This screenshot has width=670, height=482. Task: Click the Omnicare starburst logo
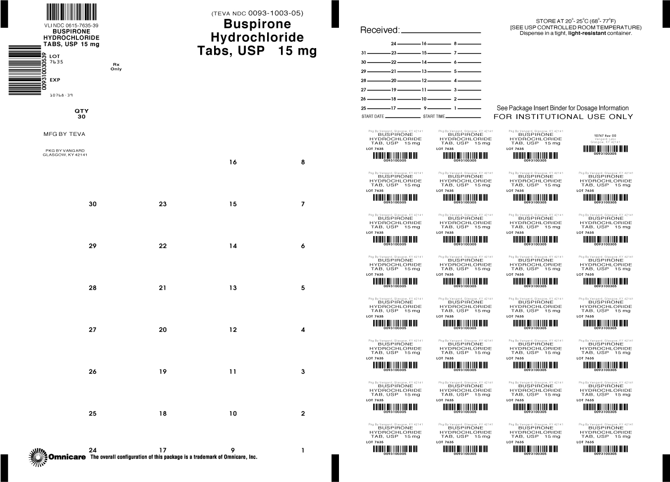pyautogui.click(x=38, y=457)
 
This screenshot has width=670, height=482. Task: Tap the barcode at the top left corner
pyautogui.click(x=71, y=11)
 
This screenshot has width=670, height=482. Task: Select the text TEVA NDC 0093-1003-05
pyautogui.click(x=257, y=13)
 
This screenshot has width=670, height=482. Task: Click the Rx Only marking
pyautogui.click(x=116, y=66)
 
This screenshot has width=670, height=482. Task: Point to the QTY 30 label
pyautogui.click(x=81, y=114)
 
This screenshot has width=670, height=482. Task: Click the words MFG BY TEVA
pyautogui.click(x=64, y=134)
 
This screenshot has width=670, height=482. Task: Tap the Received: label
pyautogui.click(x=379, y=30)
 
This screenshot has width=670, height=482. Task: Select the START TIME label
pyautogui.click(x=434, y=117)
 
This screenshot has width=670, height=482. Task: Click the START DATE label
pyautogui.click(x=373, y=117)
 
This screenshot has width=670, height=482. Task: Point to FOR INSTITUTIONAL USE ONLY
pyautogui.click(x=563, y=117)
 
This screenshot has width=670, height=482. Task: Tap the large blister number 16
pyautogui.click(x=233, y=162)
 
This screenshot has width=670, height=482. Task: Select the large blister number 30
pyautogui.click(x=93, y=204)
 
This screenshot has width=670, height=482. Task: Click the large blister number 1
pyautogui.click(x=303, y=450)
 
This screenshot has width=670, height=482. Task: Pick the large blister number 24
pyautogui.click(x=93, y=450)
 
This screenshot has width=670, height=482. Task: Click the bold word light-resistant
pyautogui.click(x=587, y=33)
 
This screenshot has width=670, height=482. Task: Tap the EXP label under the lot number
pyautogui.click(x=55, y=80)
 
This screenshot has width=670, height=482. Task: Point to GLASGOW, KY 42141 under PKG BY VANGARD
pyautogui.click(x=65, y=155)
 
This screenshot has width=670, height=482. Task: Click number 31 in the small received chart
pyautogui.click(x=363, y=53)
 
